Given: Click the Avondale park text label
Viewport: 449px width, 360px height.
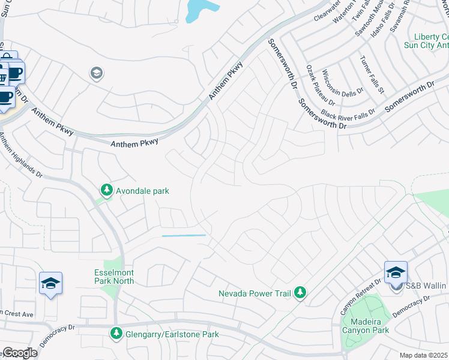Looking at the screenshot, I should [x=143, y=191].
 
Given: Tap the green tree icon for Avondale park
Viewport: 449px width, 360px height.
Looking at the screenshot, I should [x=107, y=190].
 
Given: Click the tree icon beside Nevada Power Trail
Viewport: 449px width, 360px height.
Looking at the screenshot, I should [x=300, y=293].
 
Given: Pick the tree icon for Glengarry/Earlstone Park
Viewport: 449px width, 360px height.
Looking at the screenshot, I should [x=116, y=333].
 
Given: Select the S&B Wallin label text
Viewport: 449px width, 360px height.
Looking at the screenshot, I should [x=427, y=287].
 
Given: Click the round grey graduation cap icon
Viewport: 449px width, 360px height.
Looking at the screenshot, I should [x=96, y=73].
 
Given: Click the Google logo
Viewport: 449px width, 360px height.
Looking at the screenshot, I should [x=19, y=352].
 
